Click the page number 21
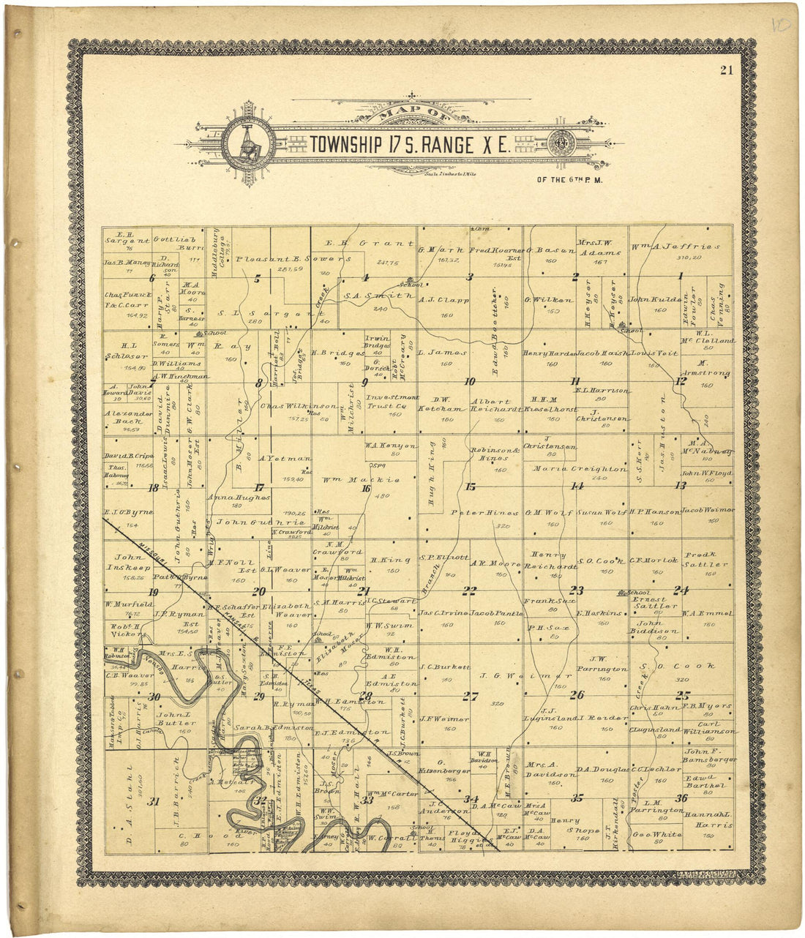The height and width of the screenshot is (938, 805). [x=726, y=70]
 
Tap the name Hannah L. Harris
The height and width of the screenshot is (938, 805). [x=708, y=819]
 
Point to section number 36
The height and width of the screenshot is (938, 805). [x=681, y=798]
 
